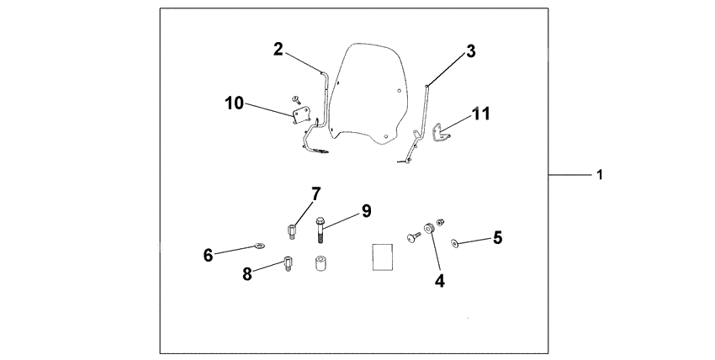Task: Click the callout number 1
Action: pyautogui.click(x=600, y=175)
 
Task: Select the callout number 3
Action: pyautogui.click(x=471, y=51)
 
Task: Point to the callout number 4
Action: pyautogui.click(x=440, y=281)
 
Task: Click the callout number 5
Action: pyautogui.click(x=497, y=238)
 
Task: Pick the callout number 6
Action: pyautogui.click(x=208, y=253)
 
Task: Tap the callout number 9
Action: pyautogui.click(x=366, y=210)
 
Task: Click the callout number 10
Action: pyautogui.click(x=234, y=103)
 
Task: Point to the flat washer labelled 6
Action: pyautogui.click(x=258, y=246)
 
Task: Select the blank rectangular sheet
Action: pyautogui.click(x=383, y=255)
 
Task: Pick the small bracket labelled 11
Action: pyautogui.click(x=439, y=132)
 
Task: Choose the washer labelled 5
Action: pyautogui.click(x=455, y=243)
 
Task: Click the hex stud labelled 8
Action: pyautogui.click(x=287, y=263)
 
